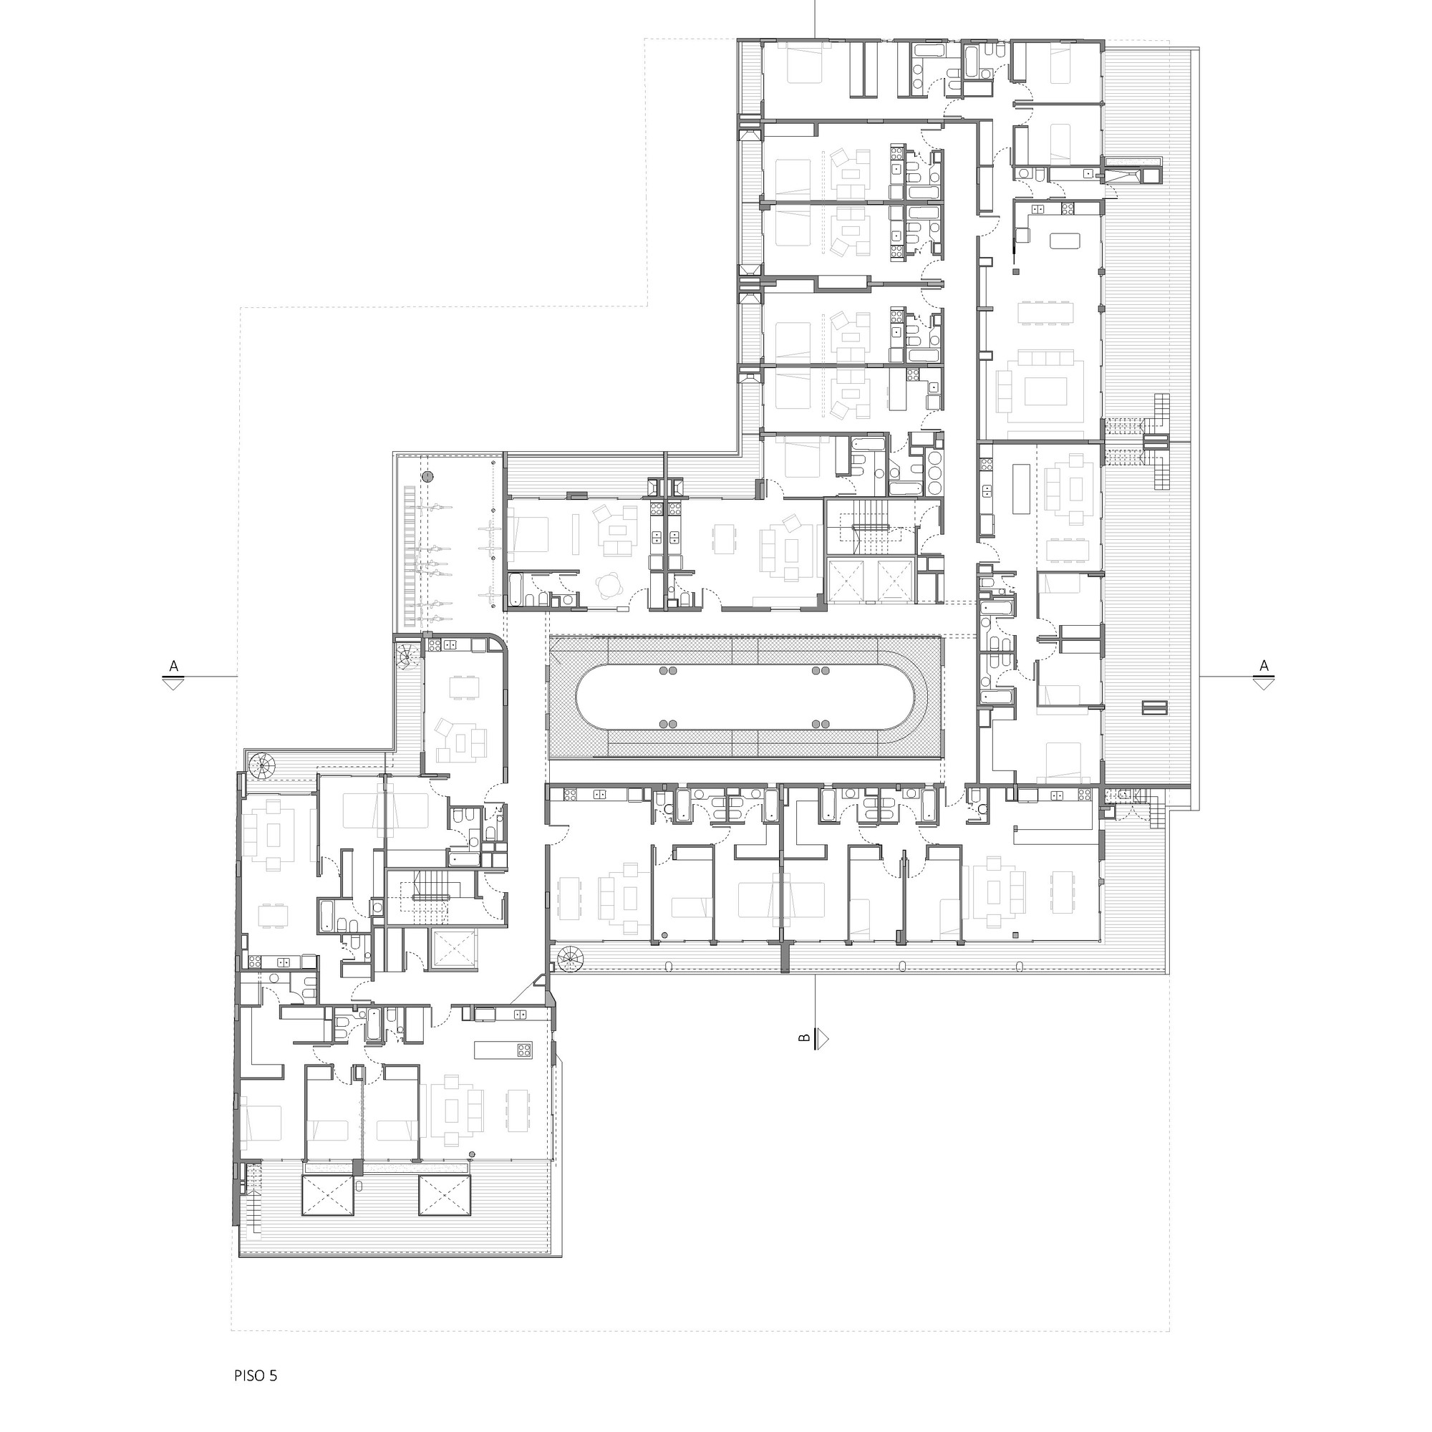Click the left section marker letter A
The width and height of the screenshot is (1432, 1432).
tap(174, 667)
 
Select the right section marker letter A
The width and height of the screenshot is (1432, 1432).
tap(1264, 667)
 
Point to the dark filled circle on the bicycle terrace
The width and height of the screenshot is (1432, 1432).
tap(427, 476)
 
